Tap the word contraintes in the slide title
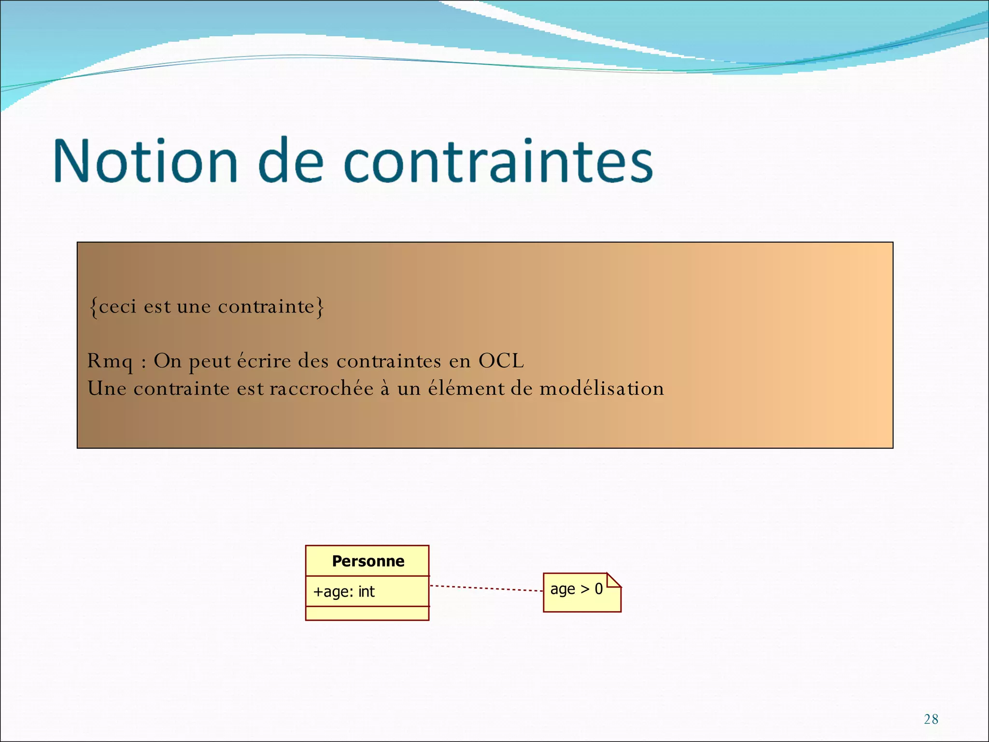498,160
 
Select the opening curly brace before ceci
94,307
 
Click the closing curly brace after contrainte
320,307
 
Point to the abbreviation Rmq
110,361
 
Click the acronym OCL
501,361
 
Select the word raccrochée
322,388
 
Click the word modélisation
601,388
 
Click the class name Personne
368,561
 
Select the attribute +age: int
344,591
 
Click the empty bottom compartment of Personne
367,613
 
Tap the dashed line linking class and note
486,588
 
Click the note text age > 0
576,589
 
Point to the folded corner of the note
613,580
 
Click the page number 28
931,719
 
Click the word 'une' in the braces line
194,307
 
